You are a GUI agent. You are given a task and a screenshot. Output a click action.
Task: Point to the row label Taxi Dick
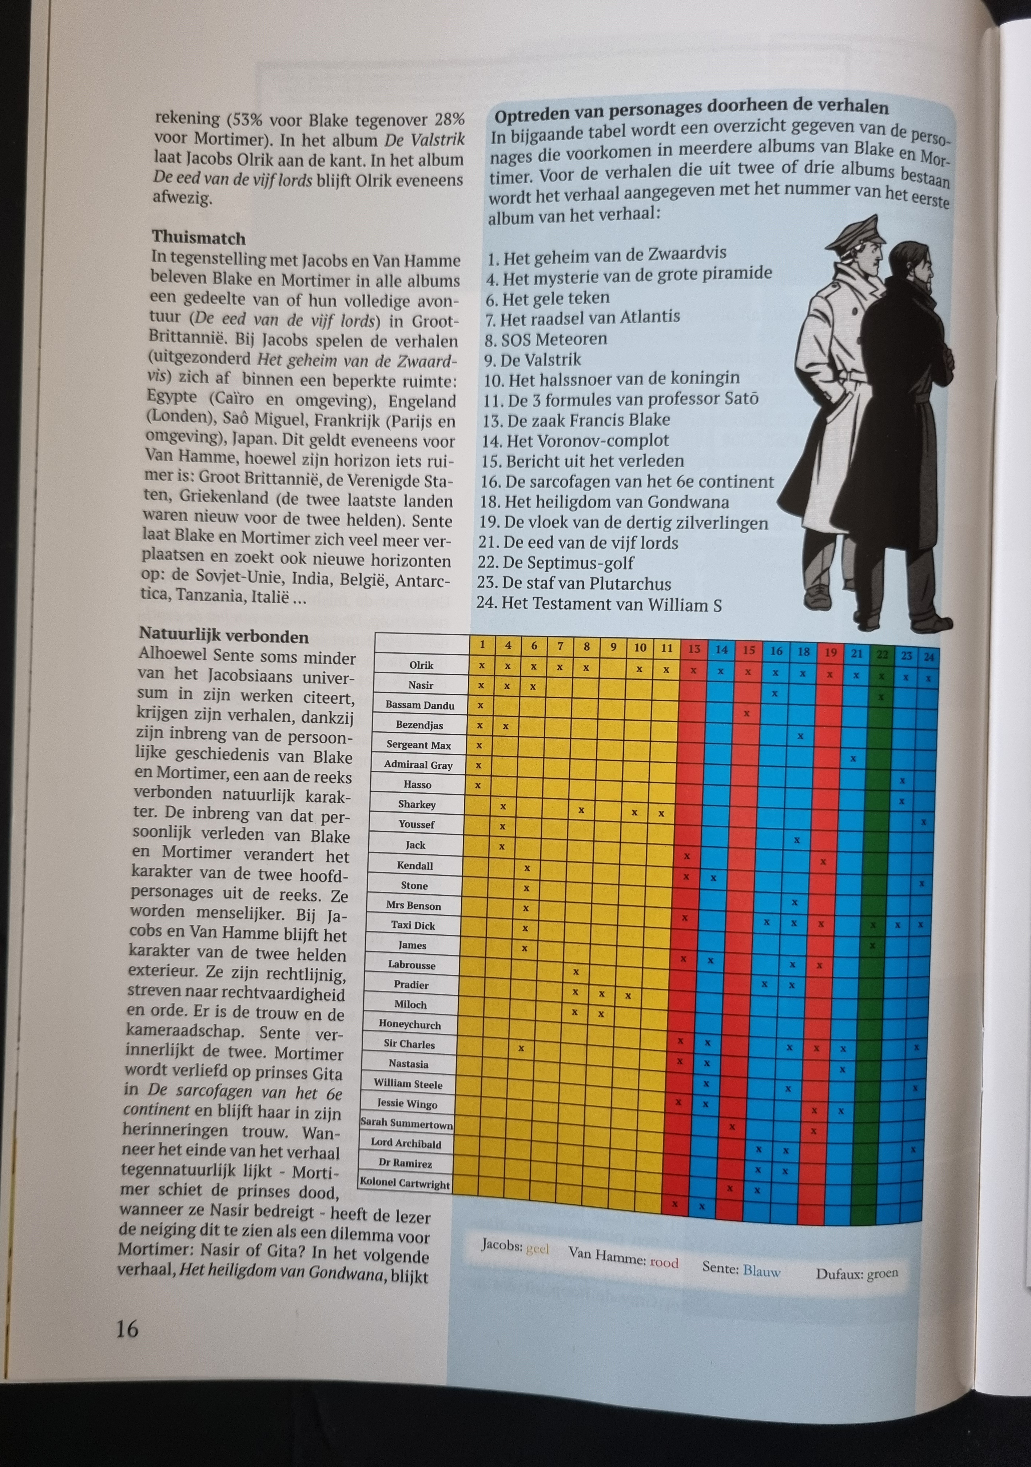(x=413, y=925)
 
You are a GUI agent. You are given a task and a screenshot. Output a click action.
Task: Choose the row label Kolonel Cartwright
(x=405, y=1183)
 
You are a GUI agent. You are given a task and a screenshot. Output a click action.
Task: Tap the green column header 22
(x=882, y=654)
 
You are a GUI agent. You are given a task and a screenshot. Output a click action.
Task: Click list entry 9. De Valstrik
(x=532, y=360)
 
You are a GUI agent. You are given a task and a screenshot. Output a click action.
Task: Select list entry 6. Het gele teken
(x=548, y=298)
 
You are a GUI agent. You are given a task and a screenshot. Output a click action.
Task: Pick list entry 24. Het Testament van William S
(x=599, y=604)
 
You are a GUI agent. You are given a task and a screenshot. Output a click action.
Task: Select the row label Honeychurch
(x=410, y=1024)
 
